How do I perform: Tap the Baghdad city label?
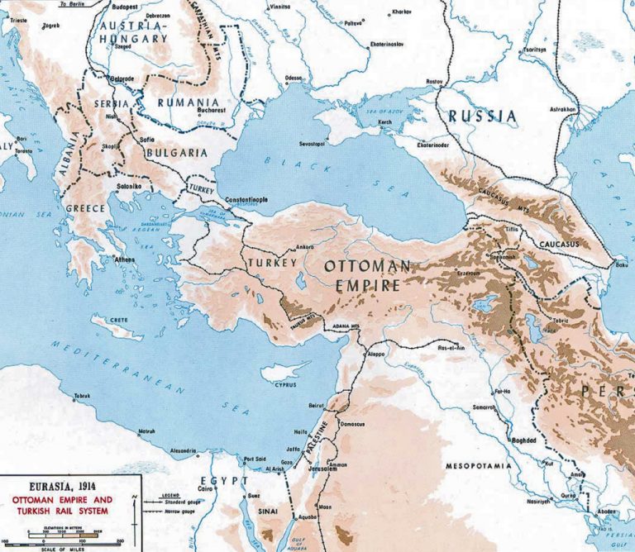point(525,442)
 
